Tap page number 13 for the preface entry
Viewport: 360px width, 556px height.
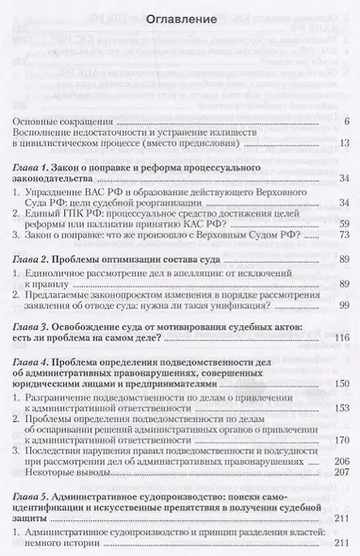point(344,143)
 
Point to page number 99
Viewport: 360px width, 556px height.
point(344,305)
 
